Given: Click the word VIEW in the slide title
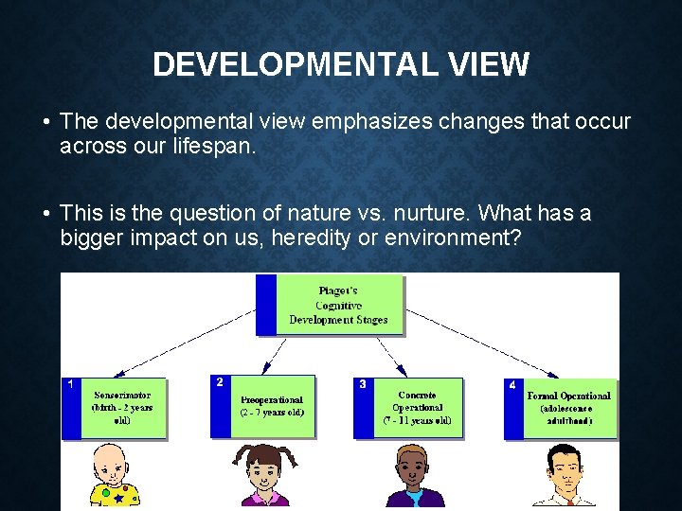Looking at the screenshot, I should [x=484, y=64].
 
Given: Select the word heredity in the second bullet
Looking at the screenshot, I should [x=314, y=237].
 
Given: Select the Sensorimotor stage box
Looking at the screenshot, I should [x=122, y=408].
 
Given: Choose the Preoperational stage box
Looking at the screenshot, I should [x=271, y=406].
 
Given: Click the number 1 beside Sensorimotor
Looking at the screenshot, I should [x=70, y=385].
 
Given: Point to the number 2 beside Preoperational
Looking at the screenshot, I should [x=220, y=382].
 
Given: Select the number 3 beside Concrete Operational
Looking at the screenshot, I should [x=363, y=385].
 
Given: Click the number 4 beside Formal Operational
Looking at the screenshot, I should [x=512, y=385].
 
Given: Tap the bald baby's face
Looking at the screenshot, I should [x=114, y=468].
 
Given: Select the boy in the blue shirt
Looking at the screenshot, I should [x=415, y=478].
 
